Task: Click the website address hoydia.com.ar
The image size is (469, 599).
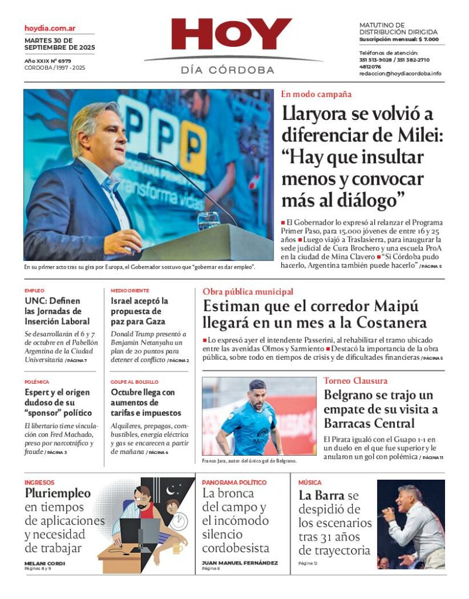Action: click(50, 28)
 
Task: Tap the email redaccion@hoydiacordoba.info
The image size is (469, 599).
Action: click(400, 74)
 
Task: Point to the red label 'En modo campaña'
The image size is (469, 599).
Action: click(316, 94)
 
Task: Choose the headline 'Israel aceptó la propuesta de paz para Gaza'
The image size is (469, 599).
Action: click(140, 311)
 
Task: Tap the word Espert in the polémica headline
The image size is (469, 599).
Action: click(39, 393)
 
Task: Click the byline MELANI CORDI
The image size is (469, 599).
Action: click(44, 563)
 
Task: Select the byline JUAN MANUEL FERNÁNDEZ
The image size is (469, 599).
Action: click(240, 563)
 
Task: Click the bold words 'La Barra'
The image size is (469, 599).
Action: click(320, 495)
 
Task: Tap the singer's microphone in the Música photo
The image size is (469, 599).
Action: click(387, 515)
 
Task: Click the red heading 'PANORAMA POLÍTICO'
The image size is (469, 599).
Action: click(234, 483)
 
